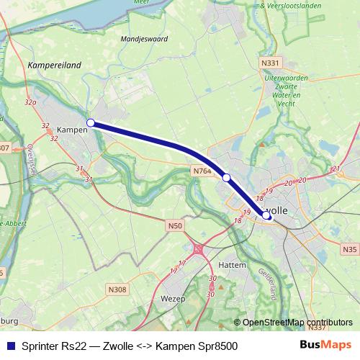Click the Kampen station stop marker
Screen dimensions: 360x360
pyautogui.click(x=90, y=123)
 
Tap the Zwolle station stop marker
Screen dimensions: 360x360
pyautogui.click(x=267, y=215)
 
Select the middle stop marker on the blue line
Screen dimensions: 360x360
pyautogui.click(x=226, y=177)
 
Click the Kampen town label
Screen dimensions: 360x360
pyautogui.click(x=71, y=130)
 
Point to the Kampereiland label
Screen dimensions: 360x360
pyautogui.click(x=54, y=64)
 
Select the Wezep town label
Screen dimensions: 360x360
pyautogui.click(x=173, y=298)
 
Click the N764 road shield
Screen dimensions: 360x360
pyautogui.click(x=201, y=171)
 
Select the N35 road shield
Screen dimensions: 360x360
pyautogui.click(x=349, y=249)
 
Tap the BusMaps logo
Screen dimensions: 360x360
pyautogui.click(x=325, y=346)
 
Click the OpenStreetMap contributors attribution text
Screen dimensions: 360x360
pyautogui.click(x=297, y=322)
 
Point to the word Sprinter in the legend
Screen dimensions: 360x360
pyautogui.click(x=40, y=346)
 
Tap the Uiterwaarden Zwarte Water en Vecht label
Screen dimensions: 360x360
pyautogui.click(x=287, y=90)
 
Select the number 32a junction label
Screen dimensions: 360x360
pyautogui.click(x=30, y=104)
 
